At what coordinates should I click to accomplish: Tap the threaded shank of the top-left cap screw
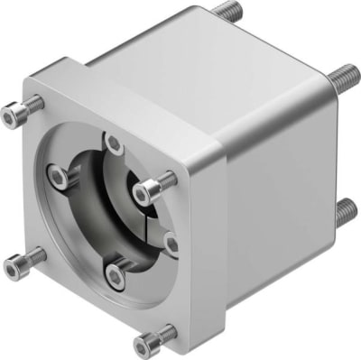(x=32, y=106)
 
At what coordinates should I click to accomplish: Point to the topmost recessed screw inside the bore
(x=113, y=143)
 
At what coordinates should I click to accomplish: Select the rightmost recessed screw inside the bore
(x=170, y=242)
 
